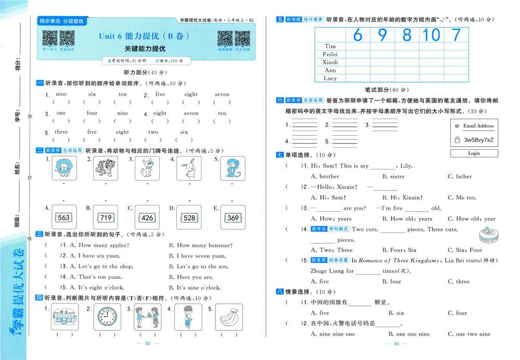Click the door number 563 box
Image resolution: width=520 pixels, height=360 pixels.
tap(64, 217)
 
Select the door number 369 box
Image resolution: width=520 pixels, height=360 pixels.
tap(232, 217)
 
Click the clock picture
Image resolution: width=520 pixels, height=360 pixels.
tap(107, 316)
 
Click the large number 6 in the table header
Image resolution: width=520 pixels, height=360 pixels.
tap(357, 35)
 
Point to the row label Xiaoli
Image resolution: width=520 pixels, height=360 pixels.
tap(330, 62)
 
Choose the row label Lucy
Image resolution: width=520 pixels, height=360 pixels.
tap(330, 78)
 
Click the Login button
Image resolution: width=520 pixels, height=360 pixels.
tap(474, 153)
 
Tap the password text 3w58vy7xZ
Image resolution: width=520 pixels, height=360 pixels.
tap(478, 140)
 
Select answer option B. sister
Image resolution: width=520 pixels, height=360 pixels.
tap(393, 176)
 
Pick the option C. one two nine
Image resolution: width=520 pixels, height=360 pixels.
tap(469, 334)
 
